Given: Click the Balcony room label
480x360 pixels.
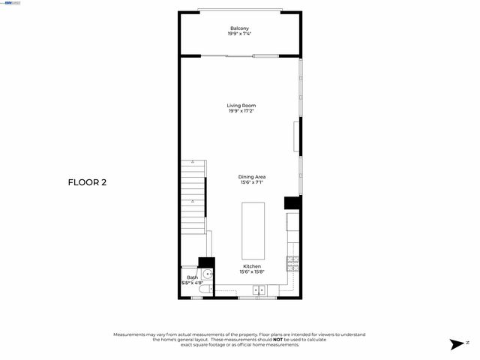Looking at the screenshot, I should (x=240, y=28).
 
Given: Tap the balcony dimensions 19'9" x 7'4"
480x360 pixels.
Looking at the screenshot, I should (x=240, y=34).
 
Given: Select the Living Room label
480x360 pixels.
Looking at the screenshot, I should (x=241, y=106).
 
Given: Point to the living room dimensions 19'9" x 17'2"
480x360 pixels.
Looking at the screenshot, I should (x=241, y=112).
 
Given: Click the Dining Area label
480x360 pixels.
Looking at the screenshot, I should (x=252, y=177).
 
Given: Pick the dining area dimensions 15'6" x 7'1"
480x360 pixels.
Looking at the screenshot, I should (x=252, y=183).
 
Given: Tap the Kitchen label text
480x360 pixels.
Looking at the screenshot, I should (x=251, y=266).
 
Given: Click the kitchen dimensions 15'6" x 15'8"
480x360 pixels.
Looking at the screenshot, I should (x=251, y=271).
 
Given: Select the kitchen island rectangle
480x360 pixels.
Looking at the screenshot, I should (x=253, y=229).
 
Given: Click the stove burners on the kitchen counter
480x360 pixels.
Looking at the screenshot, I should (x=292, y=262).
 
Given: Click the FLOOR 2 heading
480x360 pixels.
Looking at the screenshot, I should (x=87, y=182).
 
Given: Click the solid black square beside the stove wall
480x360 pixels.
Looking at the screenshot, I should (x=292, y=203).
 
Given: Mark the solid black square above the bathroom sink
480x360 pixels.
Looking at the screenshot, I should (x=205, y=262).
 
